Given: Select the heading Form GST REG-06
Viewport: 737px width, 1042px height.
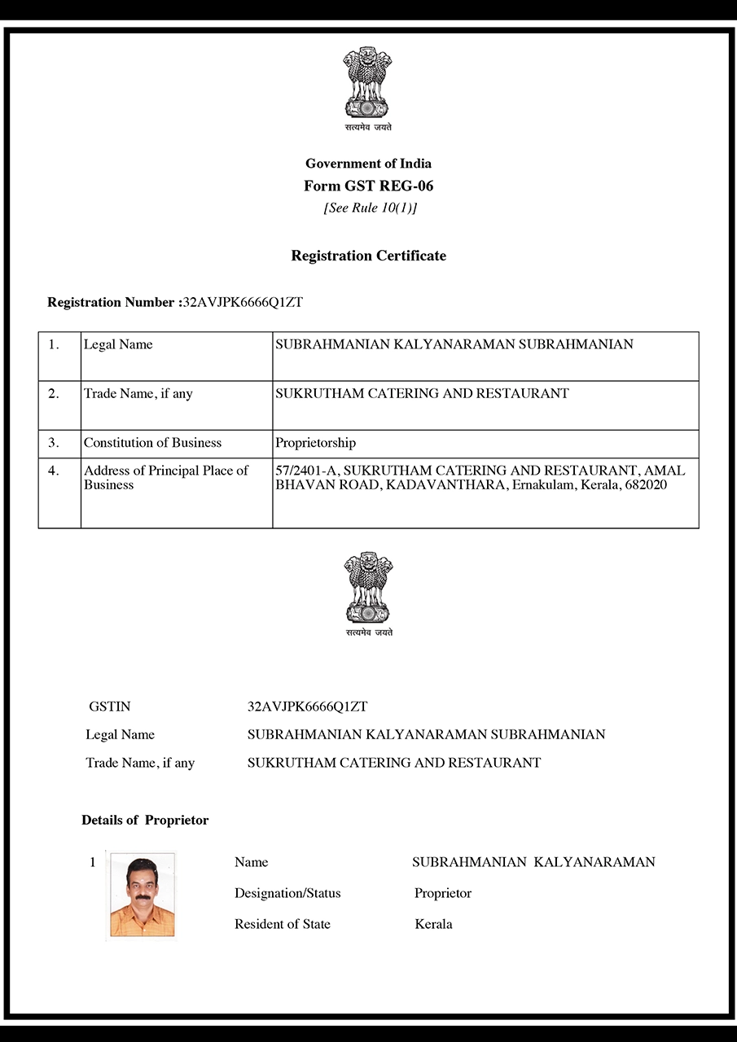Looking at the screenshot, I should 368,186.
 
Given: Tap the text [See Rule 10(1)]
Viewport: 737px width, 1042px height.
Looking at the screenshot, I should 370,208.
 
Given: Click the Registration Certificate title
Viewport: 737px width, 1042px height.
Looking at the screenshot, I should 368,256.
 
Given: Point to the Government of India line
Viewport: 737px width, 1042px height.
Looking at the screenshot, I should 368,164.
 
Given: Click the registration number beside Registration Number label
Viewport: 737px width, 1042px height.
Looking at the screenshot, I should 243,302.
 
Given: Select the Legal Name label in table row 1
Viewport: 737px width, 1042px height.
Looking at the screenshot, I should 118,344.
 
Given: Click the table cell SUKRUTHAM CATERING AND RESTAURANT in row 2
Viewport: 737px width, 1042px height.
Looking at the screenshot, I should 422,393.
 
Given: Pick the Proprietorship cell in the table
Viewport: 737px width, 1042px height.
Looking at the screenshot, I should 315,443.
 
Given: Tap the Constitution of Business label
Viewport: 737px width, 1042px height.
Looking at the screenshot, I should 152,443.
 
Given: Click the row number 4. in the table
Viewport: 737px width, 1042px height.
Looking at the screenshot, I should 54,471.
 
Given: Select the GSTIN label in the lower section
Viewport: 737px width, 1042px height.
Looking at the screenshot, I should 109,707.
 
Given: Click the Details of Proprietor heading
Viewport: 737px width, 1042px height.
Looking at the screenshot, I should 145,820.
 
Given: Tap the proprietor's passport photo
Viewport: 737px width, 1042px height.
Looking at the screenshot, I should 142,895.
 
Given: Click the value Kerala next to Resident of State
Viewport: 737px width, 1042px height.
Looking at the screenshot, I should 433,924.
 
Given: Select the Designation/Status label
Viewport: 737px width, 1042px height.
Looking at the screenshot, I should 287,893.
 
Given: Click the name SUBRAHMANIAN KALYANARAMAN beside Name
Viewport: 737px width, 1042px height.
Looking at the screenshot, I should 533,862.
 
